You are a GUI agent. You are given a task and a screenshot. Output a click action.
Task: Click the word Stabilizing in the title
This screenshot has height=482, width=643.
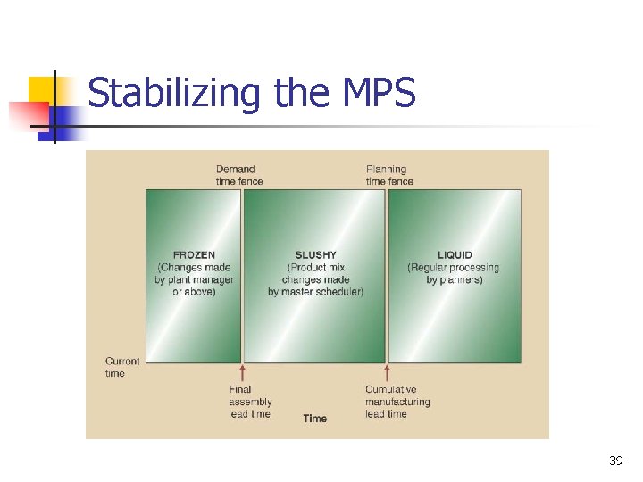coord(171,93)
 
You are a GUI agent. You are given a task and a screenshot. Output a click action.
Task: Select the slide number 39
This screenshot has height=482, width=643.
coord(615,461)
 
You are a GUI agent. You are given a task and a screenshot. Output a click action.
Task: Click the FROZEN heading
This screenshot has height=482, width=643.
coord(194,255)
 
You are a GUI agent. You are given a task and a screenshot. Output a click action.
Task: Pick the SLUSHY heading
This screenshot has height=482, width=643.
coord(315,255)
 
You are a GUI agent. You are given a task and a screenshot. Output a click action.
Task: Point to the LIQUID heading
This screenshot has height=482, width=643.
coord(455,255)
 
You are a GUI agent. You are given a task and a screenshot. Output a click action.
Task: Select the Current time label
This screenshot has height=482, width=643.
coord(121,367)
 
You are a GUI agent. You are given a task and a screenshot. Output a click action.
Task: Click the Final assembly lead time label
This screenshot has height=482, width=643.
coord(249,402)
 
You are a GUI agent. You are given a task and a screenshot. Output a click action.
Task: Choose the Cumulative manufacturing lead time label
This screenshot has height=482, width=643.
coord(397,402)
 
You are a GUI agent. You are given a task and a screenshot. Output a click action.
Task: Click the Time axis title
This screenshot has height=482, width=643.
coord(314,419)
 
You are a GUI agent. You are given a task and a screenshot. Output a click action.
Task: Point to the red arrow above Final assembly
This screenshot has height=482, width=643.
coord(242,372)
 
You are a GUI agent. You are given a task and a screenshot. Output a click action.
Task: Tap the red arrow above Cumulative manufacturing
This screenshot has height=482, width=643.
coord(387,372)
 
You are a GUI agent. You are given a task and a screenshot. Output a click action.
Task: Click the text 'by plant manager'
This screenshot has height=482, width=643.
coord(194,279)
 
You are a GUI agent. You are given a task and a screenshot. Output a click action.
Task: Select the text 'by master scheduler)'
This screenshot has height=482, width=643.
coord(315,292)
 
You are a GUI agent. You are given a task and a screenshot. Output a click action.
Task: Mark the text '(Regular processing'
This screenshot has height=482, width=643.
coord(454,268)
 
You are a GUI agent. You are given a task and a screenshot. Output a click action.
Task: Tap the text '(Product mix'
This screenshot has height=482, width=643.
coord(315,268)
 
